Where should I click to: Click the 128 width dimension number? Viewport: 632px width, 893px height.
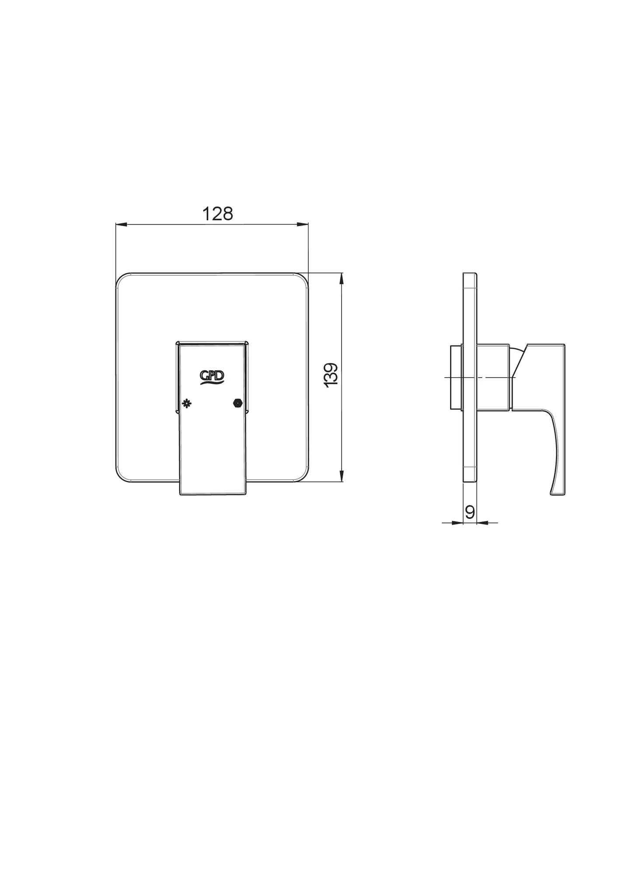(217, 214)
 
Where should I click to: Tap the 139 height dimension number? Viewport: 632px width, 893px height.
(332, 374)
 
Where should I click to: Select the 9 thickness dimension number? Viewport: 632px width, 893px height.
(469, 512)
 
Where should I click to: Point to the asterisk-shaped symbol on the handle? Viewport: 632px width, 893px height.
(187, 403)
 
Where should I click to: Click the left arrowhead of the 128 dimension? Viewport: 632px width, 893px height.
(121, 225)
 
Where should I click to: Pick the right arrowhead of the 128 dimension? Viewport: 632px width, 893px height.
(303, 225)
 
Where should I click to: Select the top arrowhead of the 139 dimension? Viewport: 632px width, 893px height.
(342, 279)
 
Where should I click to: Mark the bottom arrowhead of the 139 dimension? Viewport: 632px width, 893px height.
(342, 476)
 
